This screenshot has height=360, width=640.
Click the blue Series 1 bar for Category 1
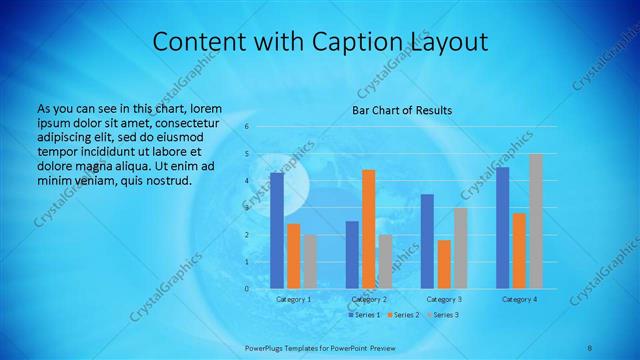pos(277,230)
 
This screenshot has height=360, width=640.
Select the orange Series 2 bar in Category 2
pos(369,229)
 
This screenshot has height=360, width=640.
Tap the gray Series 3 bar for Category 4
pos(535,221)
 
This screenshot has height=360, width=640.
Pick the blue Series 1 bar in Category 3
pos(427,241)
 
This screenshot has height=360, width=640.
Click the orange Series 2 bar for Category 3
pos(444,264)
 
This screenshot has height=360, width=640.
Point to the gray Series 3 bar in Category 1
pos(310,261)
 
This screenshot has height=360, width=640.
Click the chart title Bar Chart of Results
pos(402,110)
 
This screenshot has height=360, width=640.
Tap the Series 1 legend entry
pos(363,315)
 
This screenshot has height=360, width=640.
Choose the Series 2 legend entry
pos(401,315)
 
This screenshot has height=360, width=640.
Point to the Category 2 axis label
pos(369,299)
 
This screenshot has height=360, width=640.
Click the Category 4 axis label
pos(519,299)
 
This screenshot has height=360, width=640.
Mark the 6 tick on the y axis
pos(246,127)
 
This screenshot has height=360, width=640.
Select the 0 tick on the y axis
pos(246,289)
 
